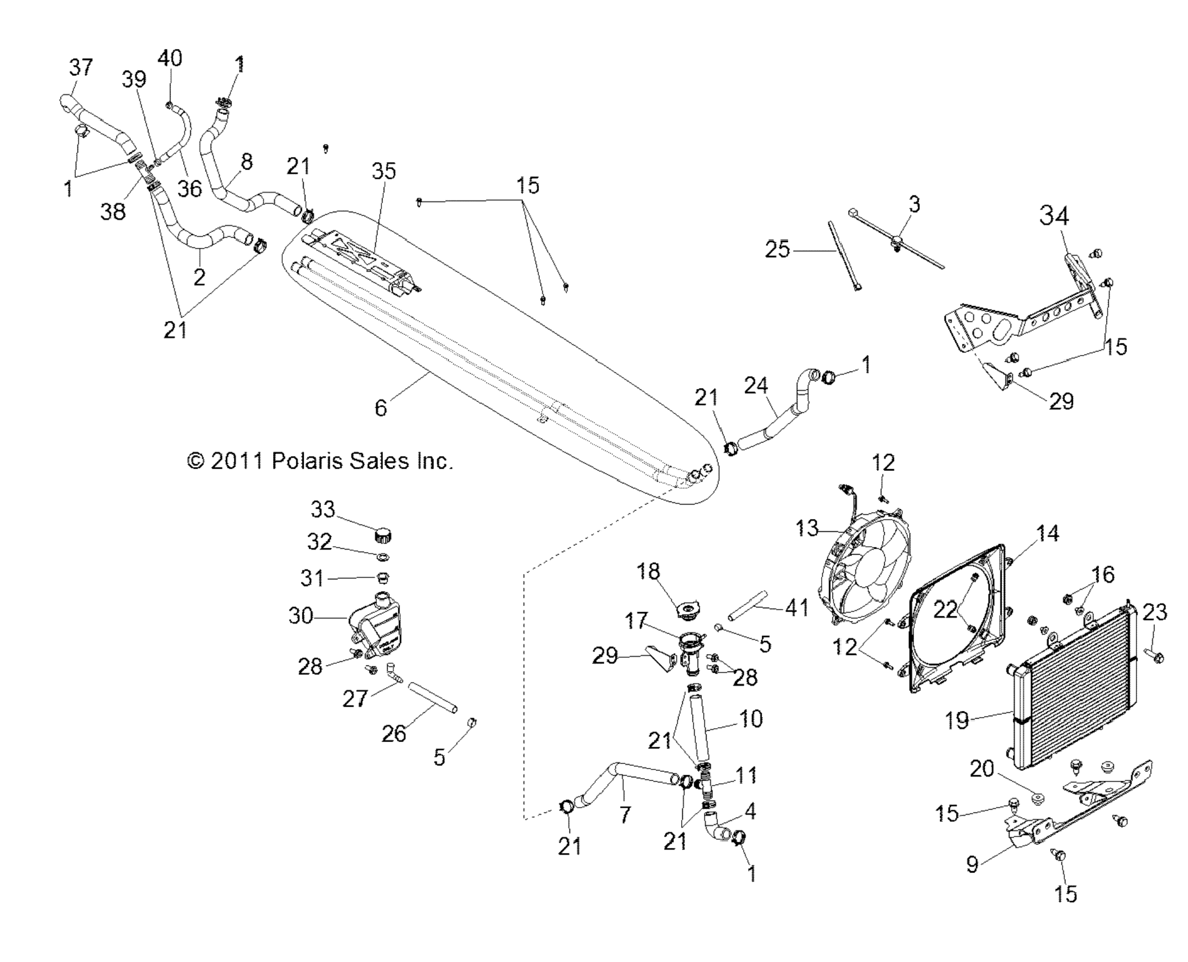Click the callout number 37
coord(81,68)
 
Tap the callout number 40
coord(170,58)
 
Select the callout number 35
coord(383,171)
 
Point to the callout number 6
coord(381,408)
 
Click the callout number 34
coord(1054,216)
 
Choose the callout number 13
coord(807,528)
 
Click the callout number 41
coord(797,608)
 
